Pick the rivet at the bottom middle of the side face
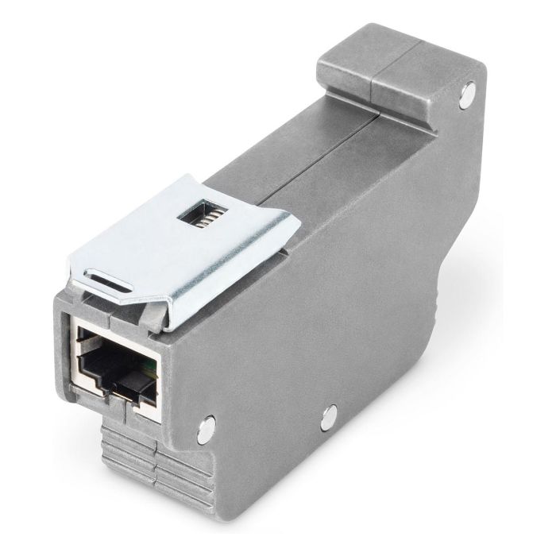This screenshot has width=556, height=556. tap(328, 413)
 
